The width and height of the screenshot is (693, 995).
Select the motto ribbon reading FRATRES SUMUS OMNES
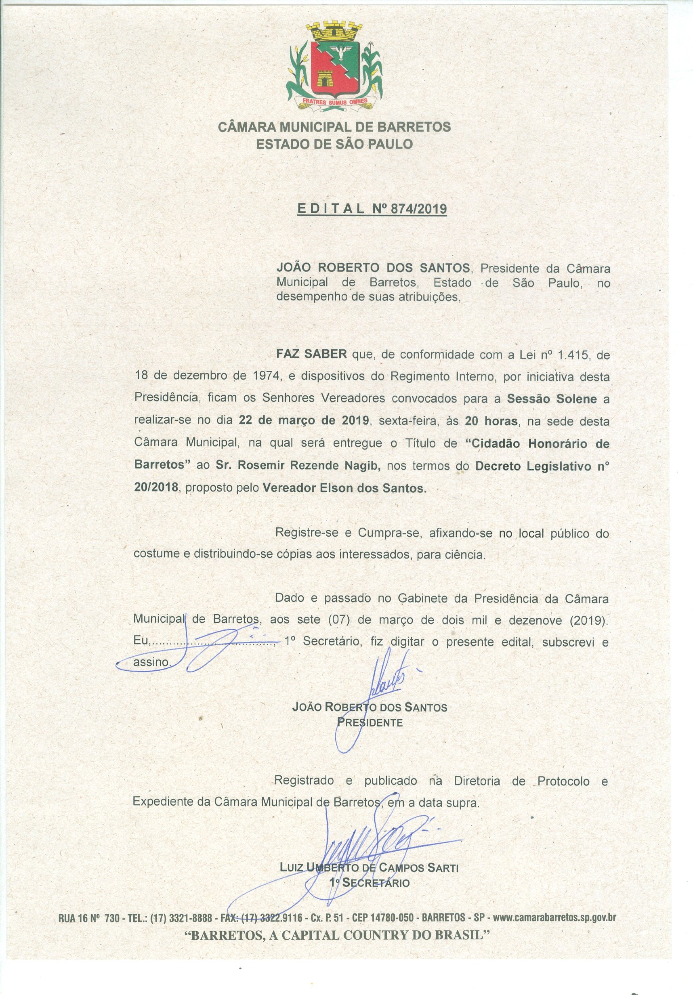(x=334, y=101)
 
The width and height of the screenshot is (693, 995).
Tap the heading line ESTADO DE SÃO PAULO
(x=334, y=144)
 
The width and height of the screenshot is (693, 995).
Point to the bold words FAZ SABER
(x=312, y=354)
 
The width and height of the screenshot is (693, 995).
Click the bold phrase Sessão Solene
(x=552, y=399)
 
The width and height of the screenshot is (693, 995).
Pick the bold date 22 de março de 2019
(x=304, y=421)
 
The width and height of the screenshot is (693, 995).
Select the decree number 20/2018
(x=156, y=487)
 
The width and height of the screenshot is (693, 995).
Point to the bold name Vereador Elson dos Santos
(x=344, y=488)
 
